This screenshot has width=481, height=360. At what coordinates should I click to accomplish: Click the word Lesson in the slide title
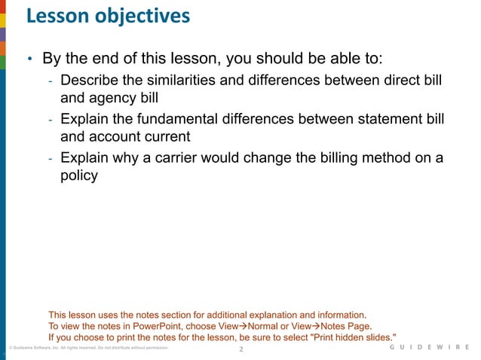point(55,15)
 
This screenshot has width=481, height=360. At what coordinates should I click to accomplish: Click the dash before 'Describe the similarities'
point(50,81)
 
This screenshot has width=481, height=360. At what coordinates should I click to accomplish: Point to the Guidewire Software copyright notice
point(83,349)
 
